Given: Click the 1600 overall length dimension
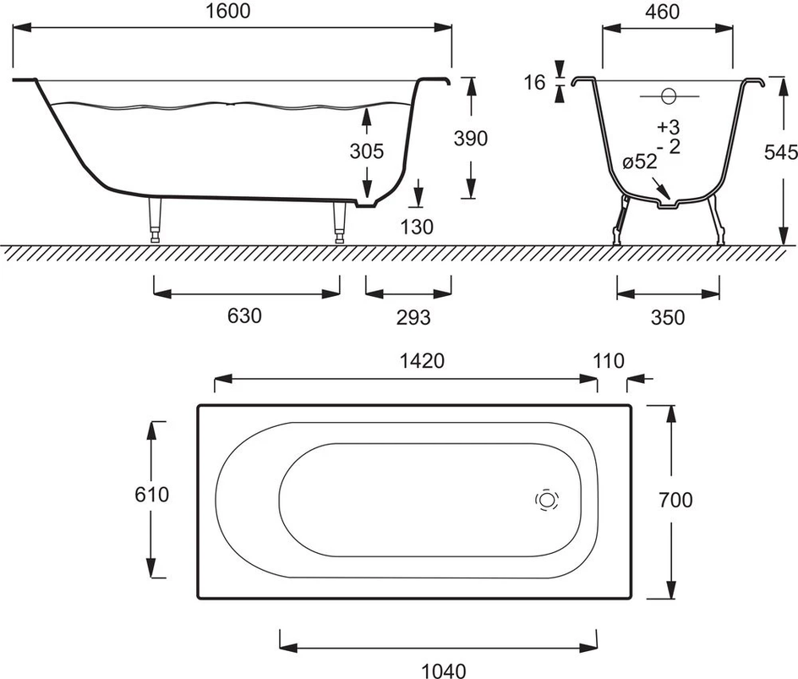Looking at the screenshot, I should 231,11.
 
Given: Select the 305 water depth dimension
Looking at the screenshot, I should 367,152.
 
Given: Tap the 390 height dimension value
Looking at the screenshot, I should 471,138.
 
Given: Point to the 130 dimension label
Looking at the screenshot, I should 417,226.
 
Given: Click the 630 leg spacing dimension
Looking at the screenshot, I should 244,316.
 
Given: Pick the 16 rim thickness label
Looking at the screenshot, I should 534,82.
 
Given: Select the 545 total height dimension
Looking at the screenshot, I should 781,153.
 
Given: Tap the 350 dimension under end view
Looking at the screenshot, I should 668,317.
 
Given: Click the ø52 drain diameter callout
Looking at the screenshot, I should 640,162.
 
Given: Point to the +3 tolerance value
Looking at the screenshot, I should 668,127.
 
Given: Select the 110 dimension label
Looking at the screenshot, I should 609,361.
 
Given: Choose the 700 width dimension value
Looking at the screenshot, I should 675,500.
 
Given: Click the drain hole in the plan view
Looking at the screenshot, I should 547,500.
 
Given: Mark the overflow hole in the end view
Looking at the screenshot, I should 669,97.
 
